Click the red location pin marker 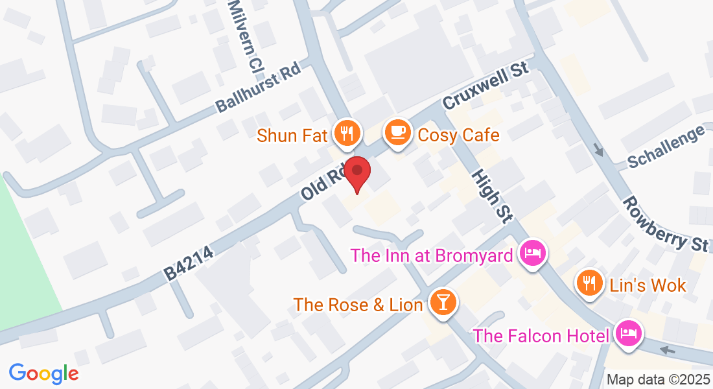pos(356,172)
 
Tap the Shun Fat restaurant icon pos(347,134)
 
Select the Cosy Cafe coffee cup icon pos(397,134)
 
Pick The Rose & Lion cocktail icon pos(443,303)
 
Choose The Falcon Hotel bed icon pos(627,335)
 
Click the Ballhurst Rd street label pos(259,91)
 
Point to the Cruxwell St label pos(486,86)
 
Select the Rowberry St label pos(665,224)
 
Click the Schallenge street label pos(666,147)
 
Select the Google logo pos(43,373)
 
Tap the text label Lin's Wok pos(648,285)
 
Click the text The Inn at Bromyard pos(432,255)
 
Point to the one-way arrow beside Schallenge pos(598,152)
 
